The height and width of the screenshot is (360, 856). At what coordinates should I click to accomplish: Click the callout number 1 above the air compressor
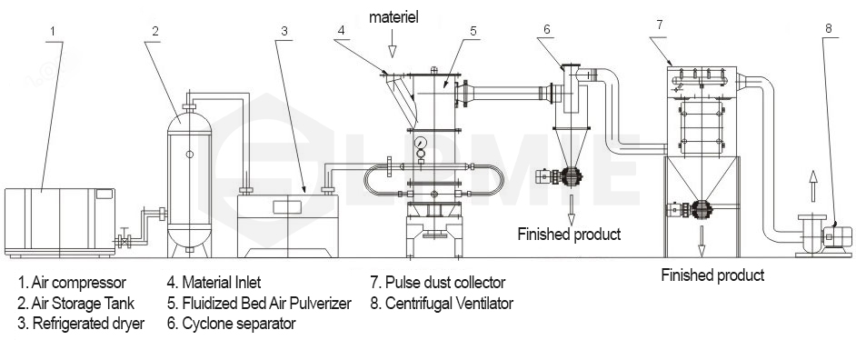click(53, 31)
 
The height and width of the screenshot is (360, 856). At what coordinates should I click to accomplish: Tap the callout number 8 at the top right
click(828, 28)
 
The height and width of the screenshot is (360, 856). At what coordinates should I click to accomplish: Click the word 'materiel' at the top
click(393, 18)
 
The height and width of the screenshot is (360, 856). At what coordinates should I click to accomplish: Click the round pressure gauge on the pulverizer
click(421, 144)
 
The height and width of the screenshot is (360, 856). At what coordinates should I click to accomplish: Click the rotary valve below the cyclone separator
click(572, 178)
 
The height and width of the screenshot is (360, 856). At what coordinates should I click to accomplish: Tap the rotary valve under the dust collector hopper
click(701, 211)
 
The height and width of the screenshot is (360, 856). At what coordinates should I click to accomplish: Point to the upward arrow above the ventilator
click(814, 182)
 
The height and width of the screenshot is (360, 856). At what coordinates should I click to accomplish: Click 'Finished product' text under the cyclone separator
click(569, 235)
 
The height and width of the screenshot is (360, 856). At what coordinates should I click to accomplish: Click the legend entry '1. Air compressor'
click(71, 283)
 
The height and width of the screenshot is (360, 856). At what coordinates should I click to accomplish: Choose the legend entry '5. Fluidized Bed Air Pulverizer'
click(259, 303)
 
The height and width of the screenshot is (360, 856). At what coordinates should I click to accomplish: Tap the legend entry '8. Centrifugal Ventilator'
click(442, 303)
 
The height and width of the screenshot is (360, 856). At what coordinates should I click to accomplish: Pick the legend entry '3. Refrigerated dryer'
click(80, 323)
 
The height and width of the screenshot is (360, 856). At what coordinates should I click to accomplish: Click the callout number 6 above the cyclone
click(546, 29)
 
